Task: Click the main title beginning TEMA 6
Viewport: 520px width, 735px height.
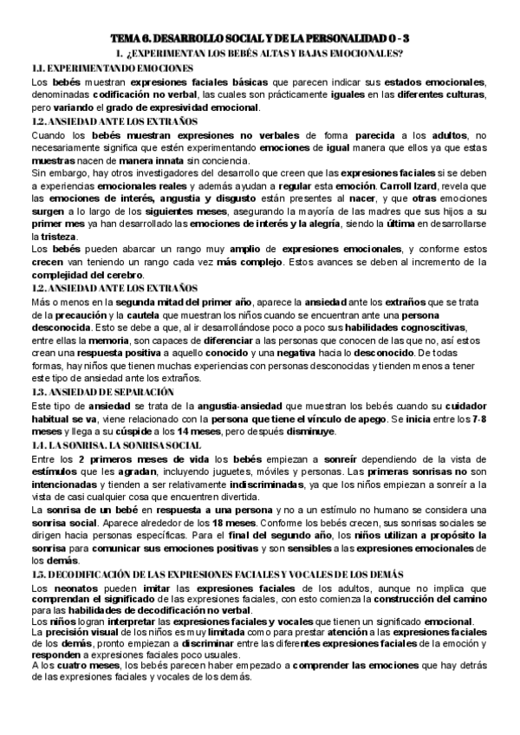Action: pyautogui.click(x=260, y=39)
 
